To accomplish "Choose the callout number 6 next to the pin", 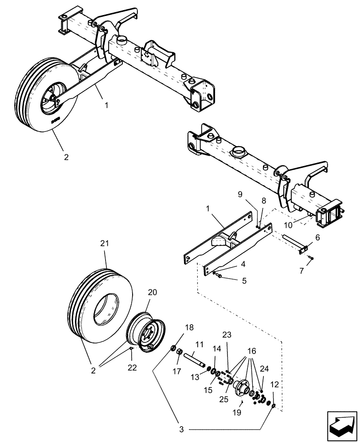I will [317, 238].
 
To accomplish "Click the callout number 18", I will [189, 327].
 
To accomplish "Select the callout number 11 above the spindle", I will [200, 344].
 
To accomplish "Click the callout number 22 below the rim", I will [132, 367].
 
